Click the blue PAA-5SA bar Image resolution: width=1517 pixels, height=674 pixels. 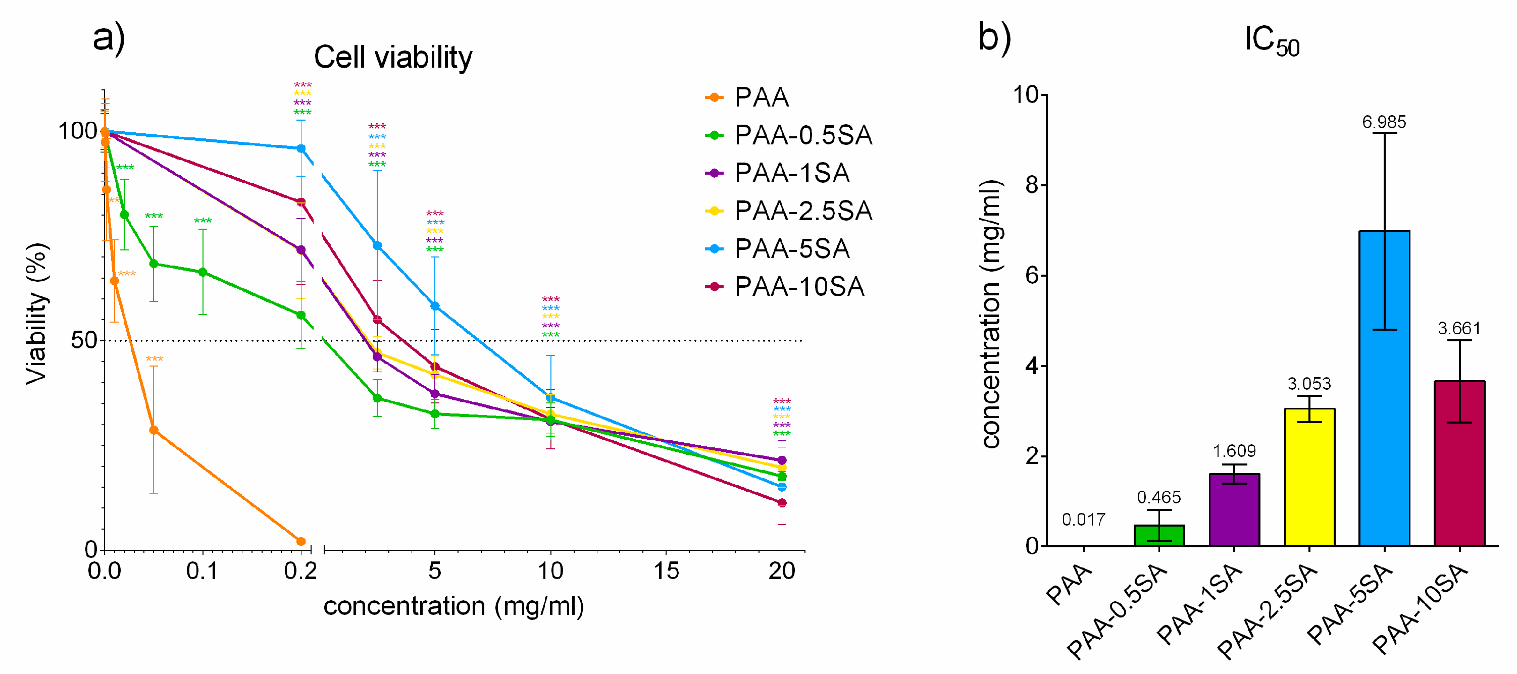1384,389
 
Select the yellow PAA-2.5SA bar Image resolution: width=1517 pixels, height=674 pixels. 1309,477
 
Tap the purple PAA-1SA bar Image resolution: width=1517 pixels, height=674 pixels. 1234,510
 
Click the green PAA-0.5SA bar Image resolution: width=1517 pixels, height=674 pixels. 1159,536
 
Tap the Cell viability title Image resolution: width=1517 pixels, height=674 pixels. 393,58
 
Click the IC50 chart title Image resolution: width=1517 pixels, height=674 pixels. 1272,41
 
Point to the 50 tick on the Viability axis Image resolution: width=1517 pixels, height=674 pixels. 84,340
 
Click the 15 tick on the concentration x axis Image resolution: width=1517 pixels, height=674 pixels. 666,571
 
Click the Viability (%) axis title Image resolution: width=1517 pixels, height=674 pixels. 36,314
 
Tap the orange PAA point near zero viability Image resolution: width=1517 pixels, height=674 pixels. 301,541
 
